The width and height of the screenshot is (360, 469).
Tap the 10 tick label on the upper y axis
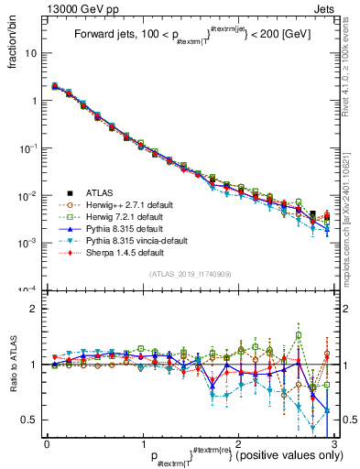point(31,53)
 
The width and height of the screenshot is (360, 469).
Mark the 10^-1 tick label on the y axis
point(27,147)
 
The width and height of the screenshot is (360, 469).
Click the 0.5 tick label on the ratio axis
point(29,420)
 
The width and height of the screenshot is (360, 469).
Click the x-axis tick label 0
point(47,443)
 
